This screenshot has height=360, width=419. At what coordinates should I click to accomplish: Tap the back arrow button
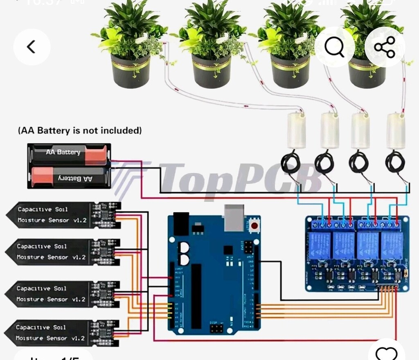point(32,47)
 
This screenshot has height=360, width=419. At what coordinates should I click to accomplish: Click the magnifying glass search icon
point(335,47)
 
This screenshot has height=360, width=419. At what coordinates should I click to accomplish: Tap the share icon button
point(385,47)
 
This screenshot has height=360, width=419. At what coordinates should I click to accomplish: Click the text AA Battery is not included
point(80,131)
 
